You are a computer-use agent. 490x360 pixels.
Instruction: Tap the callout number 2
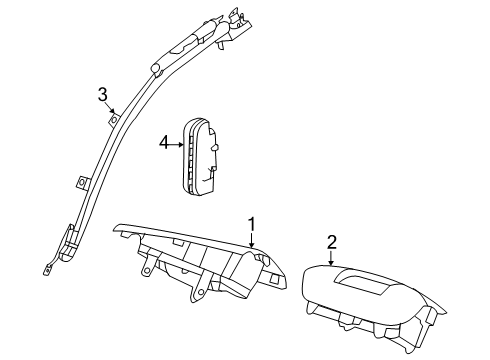coord(332,241)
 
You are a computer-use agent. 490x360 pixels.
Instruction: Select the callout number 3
coord(102,95)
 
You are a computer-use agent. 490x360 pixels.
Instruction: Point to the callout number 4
coord(165,144)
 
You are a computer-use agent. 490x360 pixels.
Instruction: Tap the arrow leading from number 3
coord(110,108)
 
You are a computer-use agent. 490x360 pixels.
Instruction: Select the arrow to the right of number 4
coord(178,144)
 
